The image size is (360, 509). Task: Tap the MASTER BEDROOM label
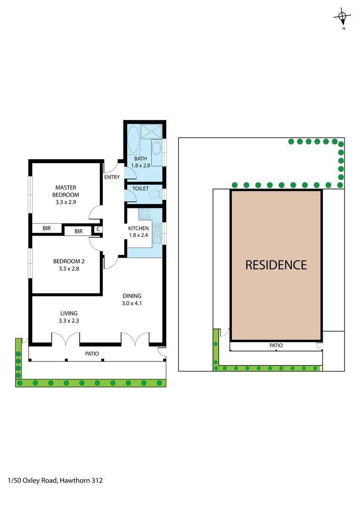[x=65, y=191]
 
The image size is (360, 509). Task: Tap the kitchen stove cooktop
[x=144, y=213]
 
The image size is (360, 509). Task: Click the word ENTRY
[x=112, y=177]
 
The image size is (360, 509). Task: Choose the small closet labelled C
[x=98, y=230]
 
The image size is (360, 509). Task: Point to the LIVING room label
[x=69, y=313]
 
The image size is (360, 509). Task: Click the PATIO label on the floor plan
[x=92, y=353]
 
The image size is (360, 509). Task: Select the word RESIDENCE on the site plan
[x=276, y=265]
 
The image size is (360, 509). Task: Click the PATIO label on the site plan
[x=276, y=345]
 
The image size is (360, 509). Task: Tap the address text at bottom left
[x=55, y=481]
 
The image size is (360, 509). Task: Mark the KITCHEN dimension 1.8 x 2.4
[x=139, y=235]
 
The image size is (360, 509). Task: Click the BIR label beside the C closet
[x=78, y=231]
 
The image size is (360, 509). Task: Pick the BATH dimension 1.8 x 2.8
[x=140, y=166]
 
